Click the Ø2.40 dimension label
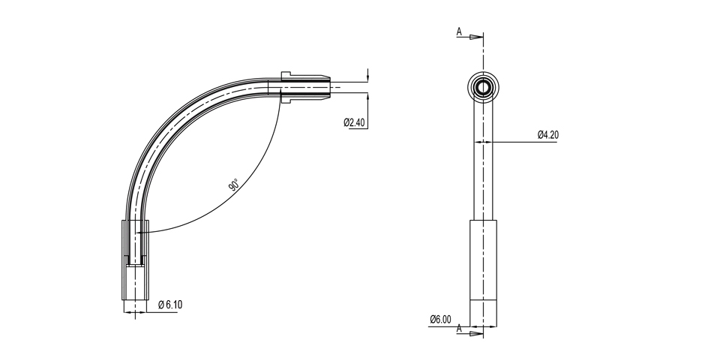click(354, 122)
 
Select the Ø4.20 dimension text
click(548, 134)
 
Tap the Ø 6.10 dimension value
click(170, 305)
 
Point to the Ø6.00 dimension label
click(440, 319)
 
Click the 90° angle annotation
click(234, 185)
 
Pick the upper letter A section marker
click(459, 32)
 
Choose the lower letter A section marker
click(459, 329)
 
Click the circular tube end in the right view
click(483, 87)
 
